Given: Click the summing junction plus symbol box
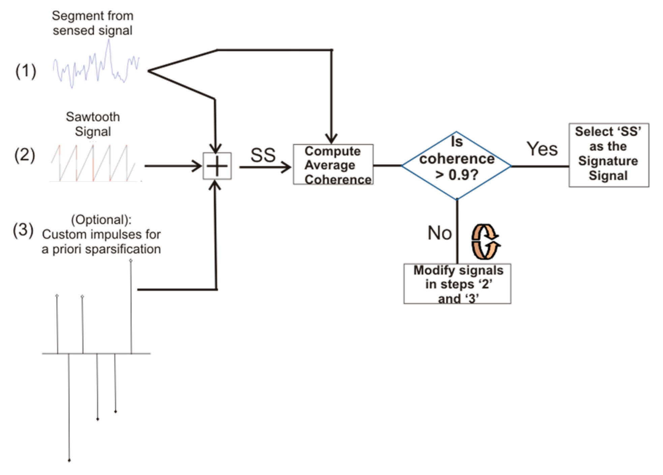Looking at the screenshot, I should coord(217,166).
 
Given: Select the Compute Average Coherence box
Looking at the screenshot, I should coord(333,165).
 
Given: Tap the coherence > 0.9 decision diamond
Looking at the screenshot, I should coord(456,165).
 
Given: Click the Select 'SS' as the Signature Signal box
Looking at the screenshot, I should coord(608,155).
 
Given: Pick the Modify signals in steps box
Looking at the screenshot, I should coord(457,284).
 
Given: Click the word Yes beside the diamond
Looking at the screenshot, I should coord(542,149).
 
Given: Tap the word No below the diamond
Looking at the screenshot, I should coord(440,233).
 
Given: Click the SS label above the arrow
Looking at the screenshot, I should coord(263,155).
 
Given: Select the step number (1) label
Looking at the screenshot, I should coord(26,72).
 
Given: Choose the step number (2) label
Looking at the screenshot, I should coord(25,155).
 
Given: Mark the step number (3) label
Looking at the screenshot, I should coord(23,230).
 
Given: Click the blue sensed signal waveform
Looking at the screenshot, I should coord(96,66).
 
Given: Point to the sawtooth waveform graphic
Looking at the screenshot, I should coord(93,163).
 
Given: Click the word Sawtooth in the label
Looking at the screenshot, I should coord(93,117).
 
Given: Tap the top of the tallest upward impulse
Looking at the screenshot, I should coord(131,261).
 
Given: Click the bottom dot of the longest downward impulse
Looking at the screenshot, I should coord(69,460).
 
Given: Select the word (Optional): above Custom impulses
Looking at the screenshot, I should coord(101,220).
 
